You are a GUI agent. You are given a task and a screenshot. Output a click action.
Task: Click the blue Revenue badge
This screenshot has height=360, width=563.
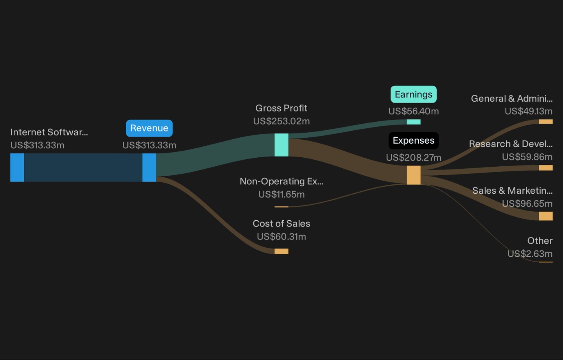coord(149,128)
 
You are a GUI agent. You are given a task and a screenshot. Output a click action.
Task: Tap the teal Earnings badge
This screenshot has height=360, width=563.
coord(414,94)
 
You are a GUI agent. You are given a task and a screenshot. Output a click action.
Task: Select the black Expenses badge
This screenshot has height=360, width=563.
coord(414,140)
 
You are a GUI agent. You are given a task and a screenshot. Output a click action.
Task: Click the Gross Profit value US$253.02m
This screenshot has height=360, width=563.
coord(281,121)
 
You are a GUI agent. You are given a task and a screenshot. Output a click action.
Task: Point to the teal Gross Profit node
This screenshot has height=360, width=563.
coord(281,145)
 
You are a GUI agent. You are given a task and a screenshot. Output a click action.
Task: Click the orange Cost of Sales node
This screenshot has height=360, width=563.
coord(281,251)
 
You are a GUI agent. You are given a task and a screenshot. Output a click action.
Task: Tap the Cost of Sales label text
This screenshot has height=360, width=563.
coord(281,223)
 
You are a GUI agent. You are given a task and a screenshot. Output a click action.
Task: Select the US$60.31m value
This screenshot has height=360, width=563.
coord(281,236)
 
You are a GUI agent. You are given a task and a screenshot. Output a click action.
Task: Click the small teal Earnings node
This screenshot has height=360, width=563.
coord(414,122)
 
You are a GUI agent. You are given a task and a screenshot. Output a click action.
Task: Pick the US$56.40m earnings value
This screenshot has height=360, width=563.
coord(414,111)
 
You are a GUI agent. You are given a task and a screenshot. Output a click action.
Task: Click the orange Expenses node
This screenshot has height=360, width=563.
coord(414,175)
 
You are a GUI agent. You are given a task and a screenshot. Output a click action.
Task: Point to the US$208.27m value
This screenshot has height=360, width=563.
coord(414,157)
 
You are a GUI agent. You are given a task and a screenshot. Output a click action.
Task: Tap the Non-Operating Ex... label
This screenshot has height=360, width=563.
coord(281,182)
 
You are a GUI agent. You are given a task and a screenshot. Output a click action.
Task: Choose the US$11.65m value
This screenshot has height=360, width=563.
coord(281,194)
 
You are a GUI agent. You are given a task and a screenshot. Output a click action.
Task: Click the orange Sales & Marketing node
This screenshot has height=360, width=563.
coord(546,216)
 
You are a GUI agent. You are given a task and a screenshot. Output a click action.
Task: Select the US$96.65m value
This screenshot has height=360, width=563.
coord(527,203)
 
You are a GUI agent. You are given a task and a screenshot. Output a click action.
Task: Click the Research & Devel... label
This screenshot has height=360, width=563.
coord(511,144)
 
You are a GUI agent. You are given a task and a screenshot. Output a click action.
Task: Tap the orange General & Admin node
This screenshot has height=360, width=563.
coord(546,122)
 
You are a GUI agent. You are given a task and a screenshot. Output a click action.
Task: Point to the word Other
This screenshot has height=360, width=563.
coord(540,241)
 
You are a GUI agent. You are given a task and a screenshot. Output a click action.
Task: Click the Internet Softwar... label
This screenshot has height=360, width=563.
coord(49,132)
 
